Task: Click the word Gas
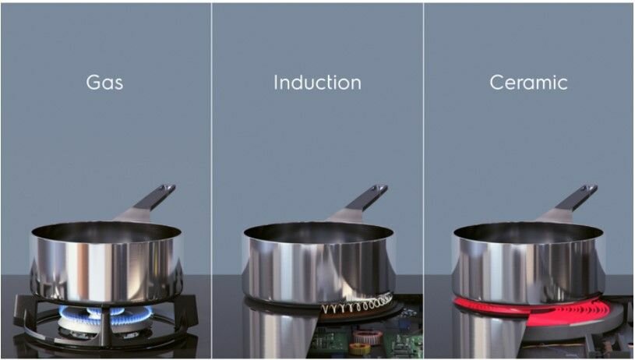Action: [x=104, y=82]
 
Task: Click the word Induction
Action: [x=317, y=83]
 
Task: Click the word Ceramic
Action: [x=528, y=83]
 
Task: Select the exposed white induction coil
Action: [x=356, y=305]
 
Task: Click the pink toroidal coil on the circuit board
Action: [x=367, y=336]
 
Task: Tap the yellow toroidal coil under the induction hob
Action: [x=360, y=348]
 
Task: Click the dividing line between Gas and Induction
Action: [x=211, y=180]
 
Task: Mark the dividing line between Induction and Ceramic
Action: [x=424, y=180]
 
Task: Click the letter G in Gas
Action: [x=93, y=83]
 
